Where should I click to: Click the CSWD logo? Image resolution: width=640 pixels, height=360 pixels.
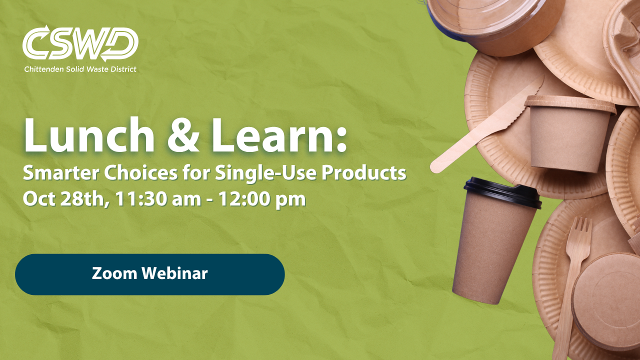pyautogui.click(x=80, y=43)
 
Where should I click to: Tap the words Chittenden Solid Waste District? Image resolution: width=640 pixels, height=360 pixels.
pyautogui.click(x=80, y=69)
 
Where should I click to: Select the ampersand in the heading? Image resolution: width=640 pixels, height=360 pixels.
pyautogui.click(x=183, y=136)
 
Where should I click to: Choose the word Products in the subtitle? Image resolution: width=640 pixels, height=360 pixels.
pyautogui.click(x=364, y=173)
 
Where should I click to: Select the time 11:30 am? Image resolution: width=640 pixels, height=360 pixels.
pyautogui.click(x=158, y=199)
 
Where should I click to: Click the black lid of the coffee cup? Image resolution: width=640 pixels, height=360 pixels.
pyautogui.click(x=502, y=192)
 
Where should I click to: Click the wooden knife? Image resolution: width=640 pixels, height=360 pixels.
pyautogui.click(x=485, y=125)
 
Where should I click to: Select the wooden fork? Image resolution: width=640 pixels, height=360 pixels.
pyautogui.click(x=571, y=285)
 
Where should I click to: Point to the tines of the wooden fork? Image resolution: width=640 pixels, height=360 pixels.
pyautogui.click(x=579, y=229)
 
